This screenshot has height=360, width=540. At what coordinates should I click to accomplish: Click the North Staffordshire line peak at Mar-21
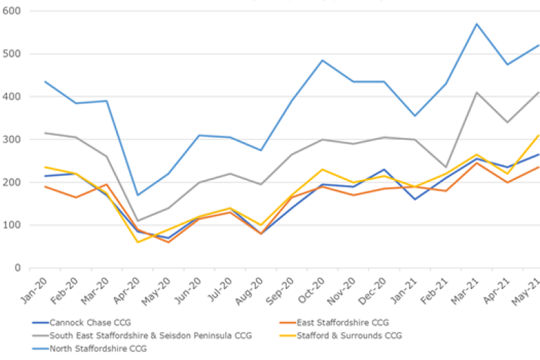[x=476, y=24]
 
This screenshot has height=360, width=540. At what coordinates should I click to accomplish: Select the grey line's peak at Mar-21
[x=476, y=92]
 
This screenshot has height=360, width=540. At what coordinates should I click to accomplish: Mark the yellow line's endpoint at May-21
[x=539, y=135]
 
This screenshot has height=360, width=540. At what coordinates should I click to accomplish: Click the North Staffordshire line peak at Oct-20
[x=323, y=60]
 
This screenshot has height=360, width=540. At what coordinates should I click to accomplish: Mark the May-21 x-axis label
[x=529, y=288]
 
